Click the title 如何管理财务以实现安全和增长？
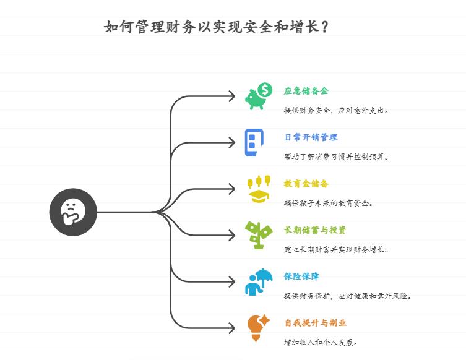pyautogui.click(x=216, y=27)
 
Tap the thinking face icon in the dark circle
pyautogui.click(x=73, y=212)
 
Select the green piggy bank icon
pyautogui.click(x=255, y=100)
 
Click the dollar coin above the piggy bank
pyautogui.click(x=265, y=90)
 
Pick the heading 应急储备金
pyautogui.click(x=306, y=91)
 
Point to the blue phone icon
pyautogui.click(x=254, y=142)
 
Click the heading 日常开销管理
pyautogui.click(x=311, y=137)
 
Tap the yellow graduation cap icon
pyautogui.click(x=259, y=196)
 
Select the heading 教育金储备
pyautogui.click(x=306, y=184)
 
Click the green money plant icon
pyautogui.click(x=259, y=235)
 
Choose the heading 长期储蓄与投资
pyautogui.click(x=316, y=230)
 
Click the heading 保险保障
pyautogui.click(x=301, y=276)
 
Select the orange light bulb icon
pyautogui.click(x=258, y=328)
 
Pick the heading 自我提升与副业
pyautogui.click(x=316, y=322)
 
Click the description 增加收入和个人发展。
pyautogui.click(x=321, y=342)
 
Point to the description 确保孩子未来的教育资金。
pyautogui.click(x=329, y=203)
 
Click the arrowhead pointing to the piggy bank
pyautogui.click(x=232, y=96)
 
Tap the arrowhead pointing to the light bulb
pyautogui.click(x=232, y=328)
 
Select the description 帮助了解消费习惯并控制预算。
pyautogui.click(x=336, y=156)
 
